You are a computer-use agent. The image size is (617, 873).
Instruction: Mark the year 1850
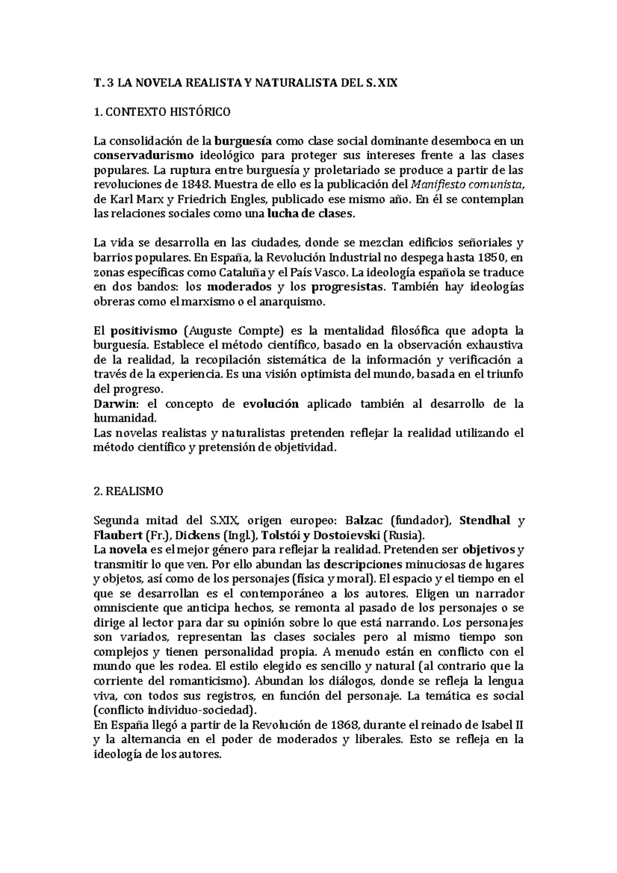[490, 258]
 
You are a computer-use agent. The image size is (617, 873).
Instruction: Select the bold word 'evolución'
[270, 404]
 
